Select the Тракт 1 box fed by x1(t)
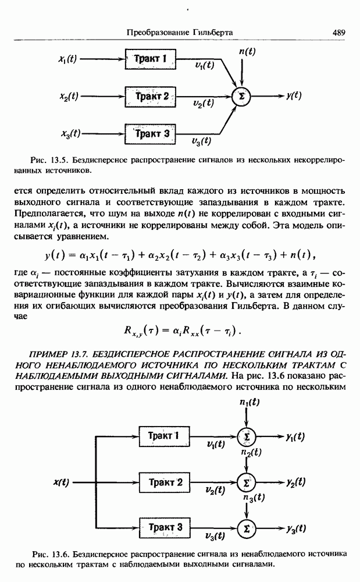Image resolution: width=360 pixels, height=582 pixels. [x=151, y=58]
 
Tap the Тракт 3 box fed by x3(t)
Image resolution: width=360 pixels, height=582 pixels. [x=151, y=134]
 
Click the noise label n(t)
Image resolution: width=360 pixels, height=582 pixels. [x=248, y=52]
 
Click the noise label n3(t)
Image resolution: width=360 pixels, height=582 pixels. [x=254, y=498]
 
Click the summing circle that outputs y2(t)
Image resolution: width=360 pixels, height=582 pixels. [x=247, y=482]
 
